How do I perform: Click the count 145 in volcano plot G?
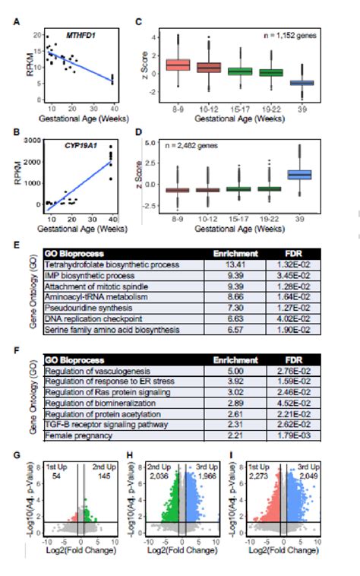pyautogui.click(x=102, y=475)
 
